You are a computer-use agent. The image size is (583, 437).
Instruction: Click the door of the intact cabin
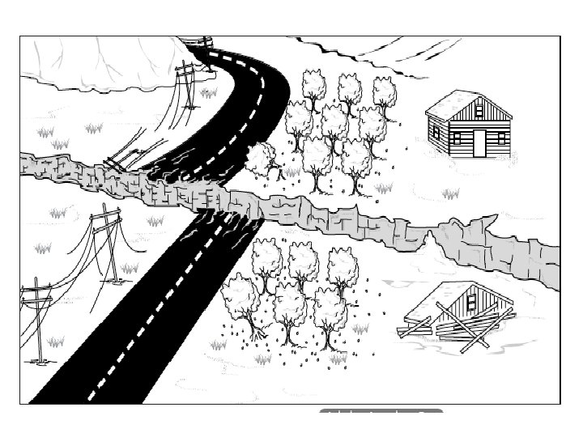coord(480,142)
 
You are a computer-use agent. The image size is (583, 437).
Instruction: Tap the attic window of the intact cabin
coord(479,110)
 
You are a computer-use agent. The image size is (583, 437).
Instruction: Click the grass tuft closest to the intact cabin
coord(450,194)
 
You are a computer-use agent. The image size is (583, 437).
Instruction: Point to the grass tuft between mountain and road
coord(209,93)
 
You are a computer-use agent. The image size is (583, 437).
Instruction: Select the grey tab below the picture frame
coord(381,414)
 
